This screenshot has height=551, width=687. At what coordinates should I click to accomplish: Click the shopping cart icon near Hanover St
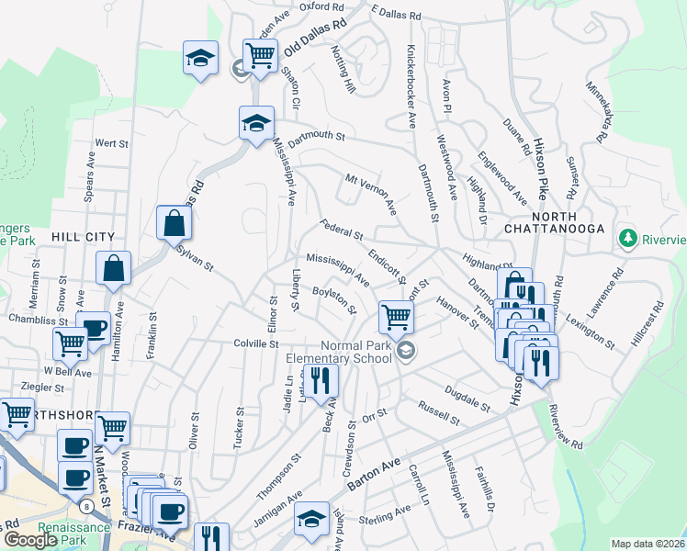point(396,317)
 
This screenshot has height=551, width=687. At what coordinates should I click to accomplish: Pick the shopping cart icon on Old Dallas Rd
point(260,55)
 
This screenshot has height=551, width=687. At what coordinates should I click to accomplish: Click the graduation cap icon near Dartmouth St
point(256,122)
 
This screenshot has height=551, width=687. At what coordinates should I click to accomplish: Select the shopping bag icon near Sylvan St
point(174,221)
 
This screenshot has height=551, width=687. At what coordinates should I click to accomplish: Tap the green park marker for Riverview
point(628,239)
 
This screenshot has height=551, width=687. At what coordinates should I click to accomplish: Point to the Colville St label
point(255,343)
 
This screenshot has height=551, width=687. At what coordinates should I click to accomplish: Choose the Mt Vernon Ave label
point(370,190)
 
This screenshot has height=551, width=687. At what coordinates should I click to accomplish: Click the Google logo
point(29,540)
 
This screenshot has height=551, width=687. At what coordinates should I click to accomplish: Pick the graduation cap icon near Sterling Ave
point(312,520)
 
